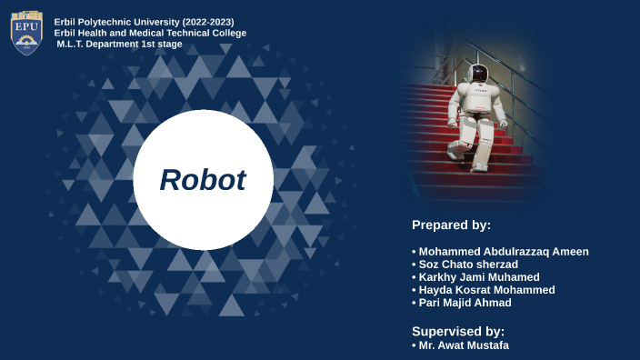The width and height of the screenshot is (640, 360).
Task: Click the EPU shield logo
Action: pos(26,32)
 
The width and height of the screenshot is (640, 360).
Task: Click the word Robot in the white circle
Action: pos(203,180)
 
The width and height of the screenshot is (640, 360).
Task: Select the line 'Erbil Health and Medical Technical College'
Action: pos(150,33)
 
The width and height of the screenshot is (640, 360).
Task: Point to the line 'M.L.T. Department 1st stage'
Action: pos(119,44)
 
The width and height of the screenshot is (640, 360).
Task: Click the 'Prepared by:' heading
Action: pos(451,225)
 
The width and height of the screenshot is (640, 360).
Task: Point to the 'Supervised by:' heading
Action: pos(458,331)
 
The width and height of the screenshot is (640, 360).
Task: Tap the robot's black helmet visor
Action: pos(479,73)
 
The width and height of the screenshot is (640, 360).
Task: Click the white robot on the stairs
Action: pos(474,114)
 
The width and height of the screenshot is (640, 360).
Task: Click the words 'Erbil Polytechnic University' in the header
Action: pos(116,21)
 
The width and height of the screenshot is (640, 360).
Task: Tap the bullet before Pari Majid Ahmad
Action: pos(415,303)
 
